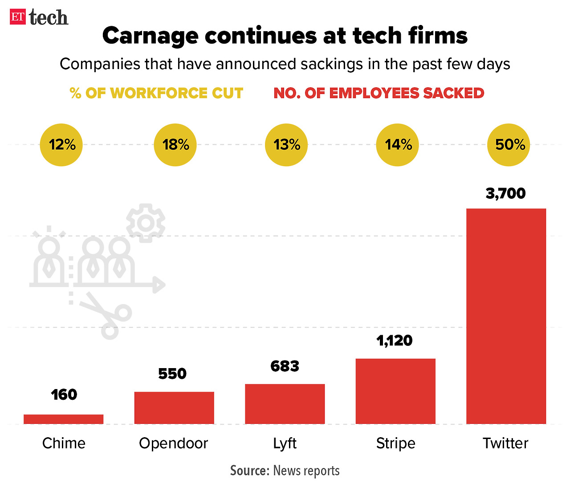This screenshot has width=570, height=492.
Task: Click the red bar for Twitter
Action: (x=506, y=316)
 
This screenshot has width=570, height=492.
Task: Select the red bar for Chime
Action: (x=63, y=419)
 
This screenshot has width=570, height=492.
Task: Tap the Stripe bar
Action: (x=395, y=391)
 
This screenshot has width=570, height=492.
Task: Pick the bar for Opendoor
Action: (x=174, y=407)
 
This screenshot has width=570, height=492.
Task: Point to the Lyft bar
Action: (x=285, y=404)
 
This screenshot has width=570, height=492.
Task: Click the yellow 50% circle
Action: (x=509, y=145)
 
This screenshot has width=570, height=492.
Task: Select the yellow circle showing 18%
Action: (x=175, y=145)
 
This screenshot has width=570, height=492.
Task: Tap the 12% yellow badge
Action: (x=61, y=145)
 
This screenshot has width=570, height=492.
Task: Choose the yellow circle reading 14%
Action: (x=397, y=145)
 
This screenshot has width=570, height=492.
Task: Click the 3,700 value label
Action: (x=505, y=193)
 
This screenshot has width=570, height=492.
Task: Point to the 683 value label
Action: (x=285, y=366)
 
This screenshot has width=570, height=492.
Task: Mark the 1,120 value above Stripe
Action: (x=395, y=341)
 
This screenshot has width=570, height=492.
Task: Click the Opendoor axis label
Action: (x=173, y=443)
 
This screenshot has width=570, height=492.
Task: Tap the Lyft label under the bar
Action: (x=285, y=443)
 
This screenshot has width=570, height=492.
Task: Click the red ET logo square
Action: (x=18, y=17)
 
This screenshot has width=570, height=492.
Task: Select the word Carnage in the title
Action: (x=150, y=36)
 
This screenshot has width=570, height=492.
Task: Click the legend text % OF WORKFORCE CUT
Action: (x=156, y=93)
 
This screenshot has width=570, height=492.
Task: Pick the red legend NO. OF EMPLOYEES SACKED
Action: (x=379, y=93)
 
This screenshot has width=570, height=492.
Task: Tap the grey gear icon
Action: (x=146, y=223)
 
